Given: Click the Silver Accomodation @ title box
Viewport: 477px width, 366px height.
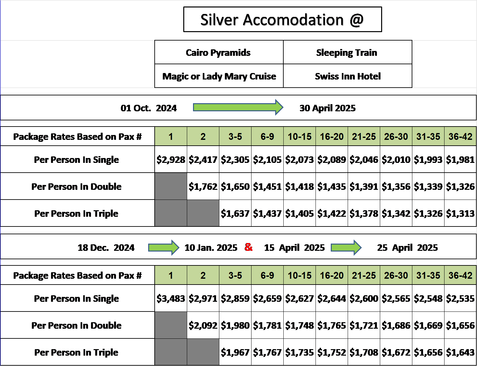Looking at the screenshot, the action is tap(282, 19).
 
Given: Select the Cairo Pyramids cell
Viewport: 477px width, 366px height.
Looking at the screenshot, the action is tap(219, 52).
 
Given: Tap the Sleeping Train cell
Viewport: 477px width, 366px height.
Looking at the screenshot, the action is tap(347, 52).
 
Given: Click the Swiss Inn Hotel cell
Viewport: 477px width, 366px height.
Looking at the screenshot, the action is tap(347, 76).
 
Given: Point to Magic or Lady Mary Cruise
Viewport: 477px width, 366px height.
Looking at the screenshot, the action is tap(219, 76).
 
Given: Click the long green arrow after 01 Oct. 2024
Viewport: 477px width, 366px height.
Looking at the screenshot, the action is tap(238, 107).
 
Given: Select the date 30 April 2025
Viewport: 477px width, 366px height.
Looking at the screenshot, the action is tap(328, 108).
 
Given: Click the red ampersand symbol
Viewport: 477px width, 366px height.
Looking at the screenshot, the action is tap(249, 247).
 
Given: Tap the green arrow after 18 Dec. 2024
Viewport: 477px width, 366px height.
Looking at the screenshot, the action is tap(164, 248).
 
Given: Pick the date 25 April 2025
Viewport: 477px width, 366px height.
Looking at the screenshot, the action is tap(407, 248).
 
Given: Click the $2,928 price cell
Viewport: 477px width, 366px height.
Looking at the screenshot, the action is tap(171, 159).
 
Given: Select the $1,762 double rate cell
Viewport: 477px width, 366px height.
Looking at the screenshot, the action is tap(203, 186).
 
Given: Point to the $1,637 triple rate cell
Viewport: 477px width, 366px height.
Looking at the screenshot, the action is tap(235, 213).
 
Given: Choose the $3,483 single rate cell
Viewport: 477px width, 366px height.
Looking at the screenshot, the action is tap(171, 298).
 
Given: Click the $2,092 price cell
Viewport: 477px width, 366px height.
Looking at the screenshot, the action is tap(203, 325).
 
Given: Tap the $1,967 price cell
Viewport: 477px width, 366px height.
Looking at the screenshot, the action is tap(235, 352).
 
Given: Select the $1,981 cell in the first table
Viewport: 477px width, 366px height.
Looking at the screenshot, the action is tap(460, 159).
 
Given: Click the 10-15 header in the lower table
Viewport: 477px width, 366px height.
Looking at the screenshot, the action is tap(299, 275).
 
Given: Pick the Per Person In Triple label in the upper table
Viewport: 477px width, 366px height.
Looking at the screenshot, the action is tap(76, 213).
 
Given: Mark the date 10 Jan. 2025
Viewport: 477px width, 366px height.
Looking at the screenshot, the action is tap(211, 248).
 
